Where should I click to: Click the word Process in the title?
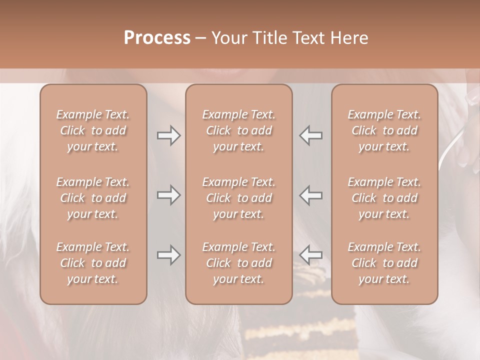pyautogui.click(x=157, y=38)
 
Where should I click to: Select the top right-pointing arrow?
pyautogui.click(x=168, y=135)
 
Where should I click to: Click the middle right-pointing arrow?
pyautogui.click(x=168, y=195)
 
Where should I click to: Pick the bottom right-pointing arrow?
pyautogui.click(x=168, y=255)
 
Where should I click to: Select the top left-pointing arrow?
pyautogui.click(x=311, y=135)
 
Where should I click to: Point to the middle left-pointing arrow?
pyautogui.click(x=311, y=195)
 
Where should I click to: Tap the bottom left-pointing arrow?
pyautogui.click(x=311, y=255)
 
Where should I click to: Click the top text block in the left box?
pyautogui.click(x=93, y=130)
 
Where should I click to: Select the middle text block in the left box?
pyautogui.click(x=93, y=198)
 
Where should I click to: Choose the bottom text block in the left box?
pyautogui.click(x=93, y=263)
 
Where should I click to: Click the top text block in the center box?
pyautogui.click(x=239, y=130)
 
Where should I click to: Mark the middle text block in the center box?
pyautogui.click(x=239, y=198)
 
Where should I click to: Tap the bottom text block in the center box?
pyautogui.click(x=239, y=263)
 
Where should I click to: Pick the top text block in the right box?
pyautogui.click(x=384, y=130)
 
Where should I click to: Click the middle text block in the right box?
pyautogui.click(x=384, y=198)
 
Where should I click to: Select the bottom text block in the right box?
pyautogui.click(x=384, y=263)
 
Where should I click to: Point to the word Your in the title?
pyautogui.click(x=229, y=38)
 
